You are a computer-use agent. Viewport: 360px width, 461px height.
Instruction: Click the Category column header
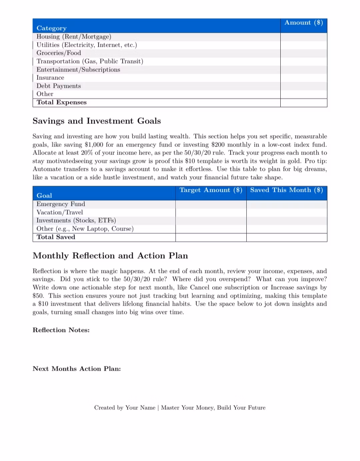click(52, 28)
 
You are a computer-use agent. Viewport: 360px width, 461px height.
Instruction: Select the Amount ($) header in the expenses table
click(303, 23)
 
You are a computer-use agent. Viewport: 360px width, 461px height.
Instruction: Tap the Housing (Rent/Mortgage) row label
click(74, 37)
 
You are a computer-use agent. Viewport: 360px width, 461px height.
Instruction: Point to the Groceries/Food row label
click(59, 53)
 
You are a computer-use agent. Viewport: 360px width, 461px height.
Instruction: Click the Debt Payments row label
click(59, 86)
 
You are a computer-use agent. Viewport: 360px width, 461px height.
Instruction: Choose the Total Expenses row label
click(62, 102)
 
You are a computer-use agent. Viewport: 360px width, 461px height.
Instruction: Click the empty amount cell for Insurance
click(303, 78)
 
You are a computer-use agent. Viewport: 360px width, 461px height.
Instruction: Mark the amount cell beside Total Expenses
click(303, 102)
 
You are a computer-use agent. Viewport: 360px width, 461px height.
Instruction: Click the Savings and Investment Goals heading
click(97, 121)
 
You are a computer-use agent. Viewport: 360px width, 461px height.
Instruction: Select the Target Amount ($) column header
click(211, 190)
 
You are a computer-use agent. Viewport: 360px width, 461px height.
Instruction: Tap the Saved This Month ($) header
click(287, 190)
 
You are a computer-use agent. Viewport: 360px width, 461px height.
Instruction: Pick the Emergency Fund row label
click(61, 204)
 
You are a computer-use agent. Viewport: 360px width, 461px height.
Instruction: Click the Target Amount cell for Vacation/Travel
click(211, 212)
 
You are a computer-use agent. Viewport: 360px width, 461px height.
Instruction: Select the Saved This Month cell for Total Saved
click(287, 237)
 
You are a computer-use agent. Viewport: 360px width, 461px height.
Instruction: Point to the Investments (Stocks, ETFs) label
click(76, 220)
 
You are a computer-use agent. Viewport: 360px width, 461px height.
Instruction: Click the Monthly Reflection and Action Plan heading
click(110, 256)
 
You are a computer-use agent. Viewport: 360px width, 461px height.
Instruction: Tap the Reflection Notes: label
click(61, 330)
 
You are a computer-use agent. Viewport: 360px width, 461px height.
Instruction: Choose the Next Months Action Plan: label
click(77, 369)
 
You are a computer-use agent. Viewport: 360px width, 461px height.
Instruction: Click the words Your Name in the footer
click(140, 408)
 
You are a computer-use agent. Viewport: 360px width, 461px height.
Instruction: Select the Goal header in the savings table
click(44, 195)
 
